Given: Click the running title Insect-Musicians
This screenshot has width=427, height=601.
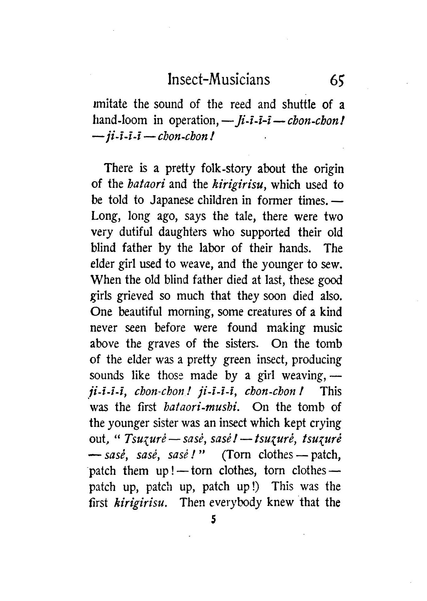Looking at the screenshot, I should (218, 80).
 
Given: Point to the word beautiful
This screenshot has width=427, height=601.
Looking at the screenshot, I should (140, 312).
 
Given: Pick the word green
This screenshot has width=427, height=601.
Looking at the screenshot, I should (237, 360).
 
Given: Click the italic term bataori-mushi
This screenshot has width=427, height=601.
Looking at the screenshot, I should (201, 407).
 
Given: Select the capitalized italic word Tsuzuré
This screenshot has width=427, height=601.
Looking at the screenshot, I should (143, 439).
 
